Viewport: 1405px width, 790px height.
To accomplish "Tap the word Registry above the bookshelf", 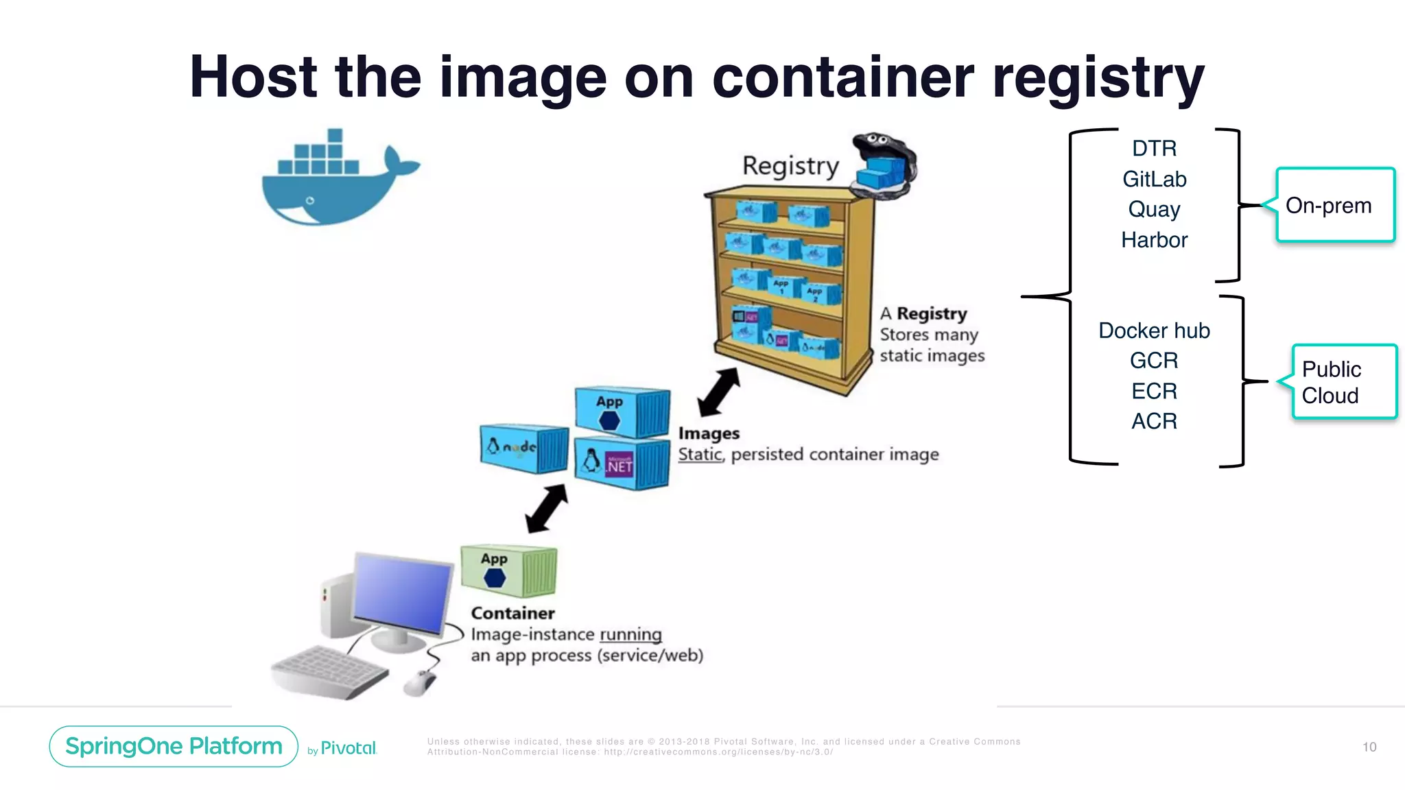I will point(790,166).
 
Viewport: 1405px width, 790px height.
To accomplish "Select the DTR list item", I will point(1154,148).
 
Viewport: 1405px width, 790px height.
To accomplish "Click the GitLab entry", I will point(1154,179).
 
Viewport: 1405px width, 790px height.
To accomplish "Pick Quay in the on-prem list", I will point(1154,209).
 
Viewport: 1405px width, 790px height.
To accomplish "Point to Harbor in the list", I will point(1154,240).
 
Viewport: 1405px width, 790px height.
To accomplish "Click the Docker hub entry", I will point(1154,331).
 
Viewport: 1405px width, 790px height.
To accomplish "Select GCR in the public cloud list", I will point(1154,361).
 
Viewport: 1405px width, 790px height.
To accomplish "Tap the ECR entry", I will point(1154,391).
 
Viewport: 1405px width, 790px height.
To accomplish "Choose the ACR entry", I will point(1154,421).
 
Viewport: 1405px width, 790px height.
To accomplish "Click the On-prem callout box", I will point(1335,205).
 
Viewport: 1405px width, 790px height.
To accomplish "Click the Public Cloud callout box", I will point(1343,382).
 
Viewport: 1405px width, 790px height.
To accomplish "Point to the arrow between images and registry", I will point(718,392).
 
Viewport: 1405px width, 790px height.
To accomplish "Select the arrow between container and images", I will point(546,509).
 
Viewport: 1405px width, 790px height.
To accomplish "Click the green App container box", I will point(508,571).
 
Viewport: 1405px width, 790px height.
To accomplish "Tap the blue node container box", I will point(524,448).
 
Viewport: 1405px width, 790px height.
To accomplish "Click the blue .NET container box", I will point(622,464).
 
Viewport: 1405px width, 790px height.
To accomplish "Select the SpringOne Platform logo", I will point(174,746).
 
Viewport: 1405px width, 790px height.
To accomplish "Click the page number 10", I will point(1369,747).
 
